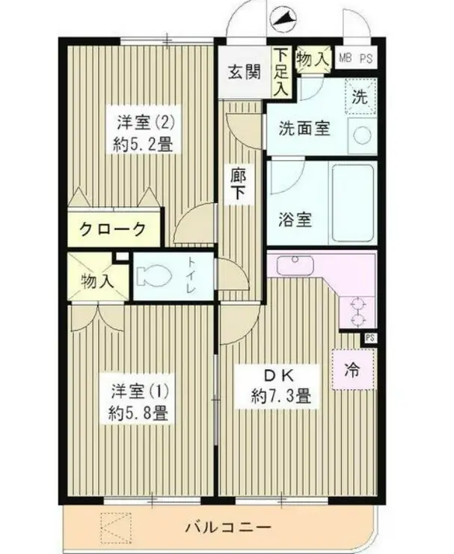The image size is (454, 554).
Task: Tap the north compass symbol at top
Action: coord(283,17)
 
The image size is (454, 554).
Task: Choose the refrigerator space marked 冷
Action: coord(351,370)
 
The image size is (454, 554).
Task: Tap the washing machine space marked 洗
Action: coord(359,96)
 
